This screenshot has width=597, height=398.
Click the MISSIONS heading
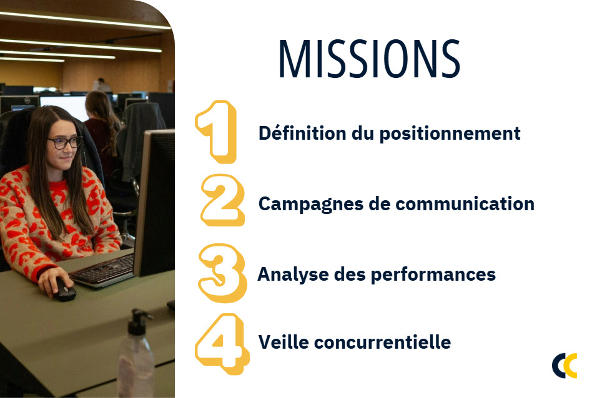(369, 59)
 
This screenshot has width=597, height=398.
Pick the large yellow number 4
(222, 344)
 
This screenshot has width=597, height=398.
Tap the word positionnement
(450, 135)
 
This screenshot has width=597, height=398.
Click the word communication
(465, 203)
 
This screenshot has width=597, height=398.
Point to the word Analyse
(293, 274)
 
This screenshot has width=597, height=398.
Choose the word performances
(433, 274)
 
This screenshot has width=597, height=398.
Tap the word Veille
(284, 342)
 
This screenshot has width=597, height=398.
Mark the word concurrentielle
(383, 342)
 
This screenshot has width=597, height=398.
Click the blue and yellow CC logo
(565, 366)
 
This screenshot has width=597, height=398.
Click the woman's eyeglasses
(65, 143)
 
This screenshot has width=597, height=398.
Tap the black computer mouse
(65, 290)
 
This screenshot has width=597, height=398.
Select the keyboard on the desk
(102, 270)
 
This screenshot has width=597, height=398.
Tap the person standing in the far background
(101, 84)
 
